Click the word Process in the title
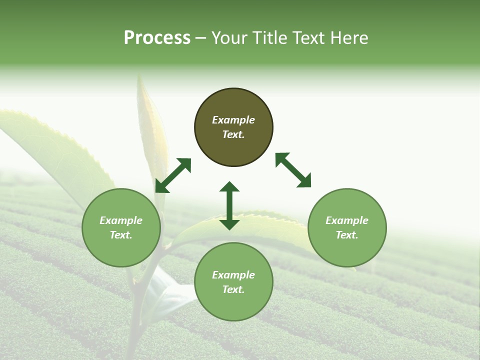[157, 38]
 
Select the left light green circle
[121, 227]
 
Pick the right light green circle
[347, 227]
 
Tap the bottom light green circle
[233, 281]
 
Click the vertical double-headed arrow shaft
[229, 205]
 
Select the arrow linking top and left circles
[173, 175]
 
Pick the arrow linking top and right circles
[293, 170]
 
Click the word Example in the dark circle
[233, 120]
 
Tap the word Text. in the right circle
[347, 235]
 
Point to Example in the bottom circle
[233, 275]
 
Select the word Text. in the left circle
[121, 235]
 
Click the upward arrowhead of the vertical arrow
[229, 188]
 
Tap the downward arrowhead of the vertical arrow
[229, 223]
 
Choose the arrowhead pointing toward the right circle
[304, 181]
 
